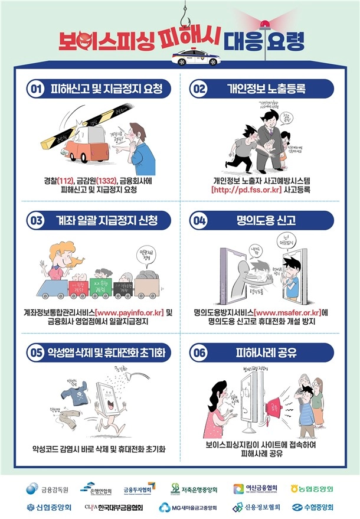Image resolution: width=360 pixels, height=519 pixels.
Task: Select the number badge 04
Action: [198, 221]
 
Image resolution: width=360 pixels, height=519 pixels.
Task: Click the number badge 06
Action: [198, 353]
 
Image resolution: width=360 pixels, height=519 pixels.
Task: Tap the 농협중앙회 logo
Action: [312, 489]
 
